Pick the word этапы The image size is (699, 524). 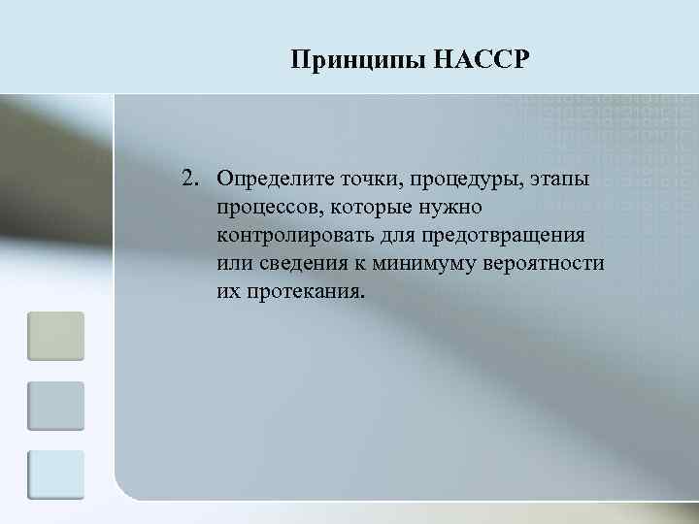pyautogui.click(x=561, y=180)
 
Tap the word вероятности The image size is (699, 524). pyautogui.click(x=548, y=265)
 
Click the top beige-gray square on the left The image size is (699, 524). pyautogui.click(x=55, y=336)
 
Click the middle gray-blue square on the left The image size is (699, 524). pyautogui.click(x=55, y=406)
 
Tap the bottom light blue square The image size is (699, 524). pyautogui.click(x=55, y=475)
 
